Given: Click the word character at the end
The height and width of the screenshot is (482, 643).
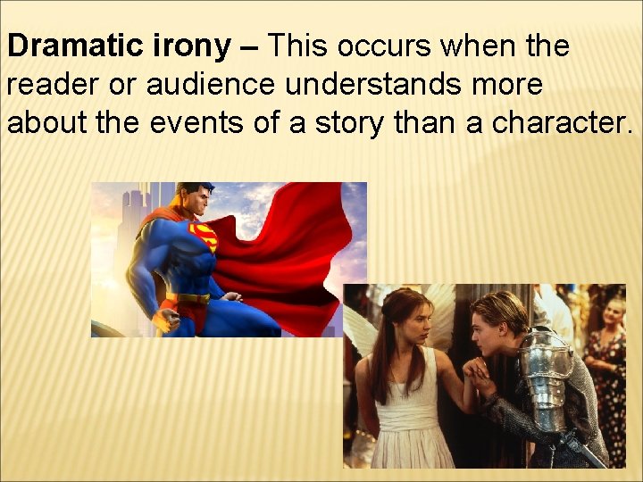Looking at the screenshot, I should (x=554, y=123).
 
